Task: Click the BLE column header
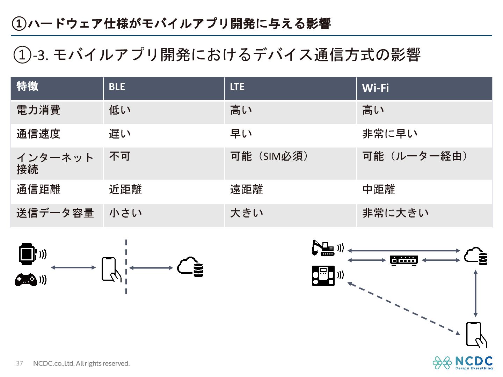[x=117, y=87]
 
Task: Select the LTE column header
[x=237, y=87]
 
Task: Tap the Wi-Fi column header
[x=375, y=88]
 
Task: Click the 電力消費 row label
[x=38, y=110]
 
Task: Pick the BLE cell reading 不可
[x=119, y=156]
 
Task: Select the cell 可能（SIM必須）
[x=269, y=156]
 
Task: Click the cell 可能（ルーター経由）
[x=415, y=156]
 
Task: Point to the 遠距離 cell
[x=246, y=190]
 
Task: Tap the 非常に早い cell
[x=390, y=134]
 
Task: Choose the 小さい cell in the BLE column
[x=125, y=213]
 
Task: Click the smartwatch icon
[x=27, y=254]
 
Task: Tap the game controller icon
[x=25, y=280]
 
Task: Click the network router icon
[x=404, y=260]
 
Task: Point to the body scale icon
[x=323, y=275]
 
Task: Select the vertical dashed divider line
[x=126, y=267]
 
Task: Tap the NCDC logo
[x=462, y=363]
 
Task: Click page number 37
[x=20, y=363]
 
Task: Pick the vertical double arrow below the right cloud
[x=475, y=293]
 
